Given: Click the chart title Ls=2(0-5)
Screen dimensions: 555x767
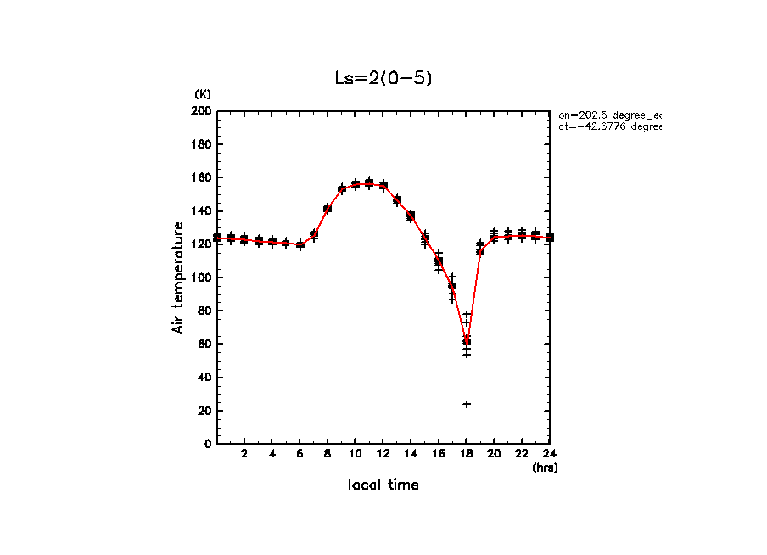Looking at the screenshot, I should tap(384, 77).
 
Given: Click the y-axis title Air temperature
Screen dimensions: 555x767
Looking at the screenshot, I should tap(178, 277).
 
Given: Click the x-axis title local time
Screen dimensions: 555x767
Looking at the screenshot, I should tap(383, 485).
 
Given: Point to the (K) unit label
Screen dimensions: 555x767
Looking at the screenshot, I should tap(203, 93).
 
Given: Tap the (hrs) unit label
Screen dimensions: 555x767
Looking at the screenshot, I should tap(545, 467).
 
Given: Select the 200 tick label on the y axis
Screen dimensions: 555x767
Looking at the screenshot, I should tap(202, 111).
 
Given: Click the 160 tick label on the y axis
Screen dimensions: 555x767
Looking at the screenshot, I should tap(202, 177).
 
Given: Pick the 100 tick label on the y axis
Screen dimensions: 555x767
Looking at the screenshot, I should tap(202, 277).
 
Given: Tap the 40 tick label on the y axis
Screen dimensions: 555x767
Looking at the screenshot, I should tap(204, 377).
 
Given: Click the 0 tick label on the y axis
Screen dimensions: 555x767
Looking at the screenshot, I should tap(208, 443).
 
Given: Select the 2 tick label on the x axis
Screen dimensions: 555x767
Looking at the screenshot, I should tap(244, 454).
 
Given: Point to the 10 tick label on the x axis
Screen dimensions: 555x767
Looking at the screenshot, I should tap(356, 454).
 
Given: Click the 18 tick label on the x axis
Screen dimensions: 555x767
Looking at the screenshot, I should tap(467, 454).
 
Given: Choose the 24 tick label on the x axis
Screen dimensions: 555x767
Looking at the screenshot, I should tap(549, 454).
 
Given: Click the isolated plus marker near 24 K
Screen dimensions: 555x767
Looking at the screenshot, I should tap(467, 404).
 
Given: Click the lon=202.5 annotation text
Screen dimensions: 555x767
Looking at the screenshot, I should tap(607, 114).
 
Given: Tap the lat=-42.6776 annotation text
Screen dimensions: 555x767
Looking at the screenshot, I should tap(607, 126).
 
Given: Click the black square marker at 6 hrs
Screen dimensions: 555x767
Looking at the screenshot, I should tap(300, 244).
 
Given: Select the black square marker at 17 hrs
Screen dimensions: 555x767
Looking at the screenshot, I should tap(452, 286).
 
